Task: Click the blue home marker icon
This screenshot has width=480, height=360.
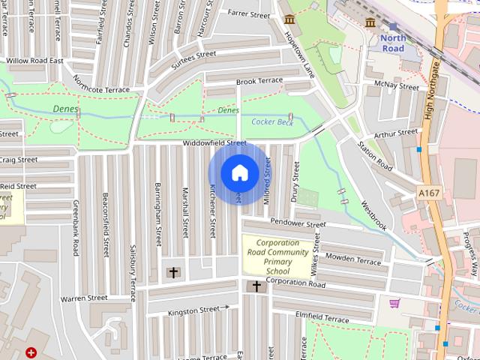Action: (x=238, y=173)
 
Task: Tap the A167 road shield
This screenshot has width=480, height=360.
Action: (x=428, y=193)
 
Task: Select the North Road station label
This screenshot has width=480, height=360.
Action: (x=393, y=43)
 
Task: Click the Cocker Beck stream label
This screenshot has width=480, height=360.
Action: (x=272, y=121)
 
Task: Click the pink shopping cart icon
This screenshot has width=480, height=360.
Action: (x=394, y=303)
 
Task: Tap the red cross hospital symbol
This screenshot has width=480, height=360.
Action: (x=31, y=352)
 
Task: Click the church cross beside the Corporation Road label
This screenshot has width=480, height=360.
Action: (x=256, y=286)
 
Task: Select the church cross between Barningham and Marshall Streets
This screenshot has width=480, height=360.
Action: (x=174, y=271)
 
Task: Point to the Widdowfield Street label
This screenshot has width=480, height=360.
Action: (x=214, y=142)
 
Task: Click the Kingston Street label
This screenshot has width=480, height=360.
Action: (x=193, y=310)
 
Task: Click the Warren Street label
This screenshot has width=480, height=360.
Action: (x=84, y=298)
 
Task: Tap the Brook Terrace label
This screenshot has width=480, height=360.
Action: (x=259, y=80)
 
